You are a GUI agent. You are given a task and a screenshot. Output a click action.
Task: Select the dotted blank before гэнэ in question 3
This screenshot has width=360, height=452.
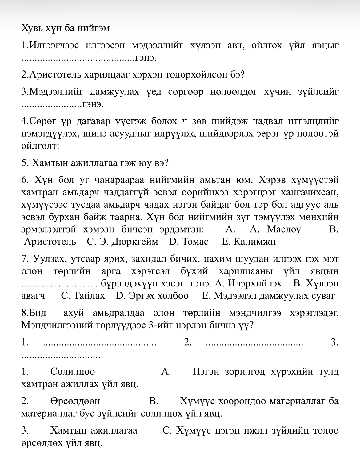[51, 106]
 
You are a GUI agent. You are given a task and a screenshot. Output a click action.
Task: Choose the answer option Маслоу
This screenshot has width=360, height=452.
[284, 229]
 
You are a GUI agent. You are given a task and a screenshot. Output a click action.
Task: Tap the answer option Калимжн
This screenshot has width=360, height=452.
[254, 242]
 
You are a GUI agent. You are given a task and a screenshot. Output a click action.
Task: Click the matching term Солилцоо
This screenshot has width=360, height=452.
[73, 372]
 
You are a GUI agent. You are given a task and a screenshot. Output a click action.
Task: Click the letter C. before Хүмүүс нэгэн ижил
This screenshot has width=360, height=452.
[167, 430]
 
